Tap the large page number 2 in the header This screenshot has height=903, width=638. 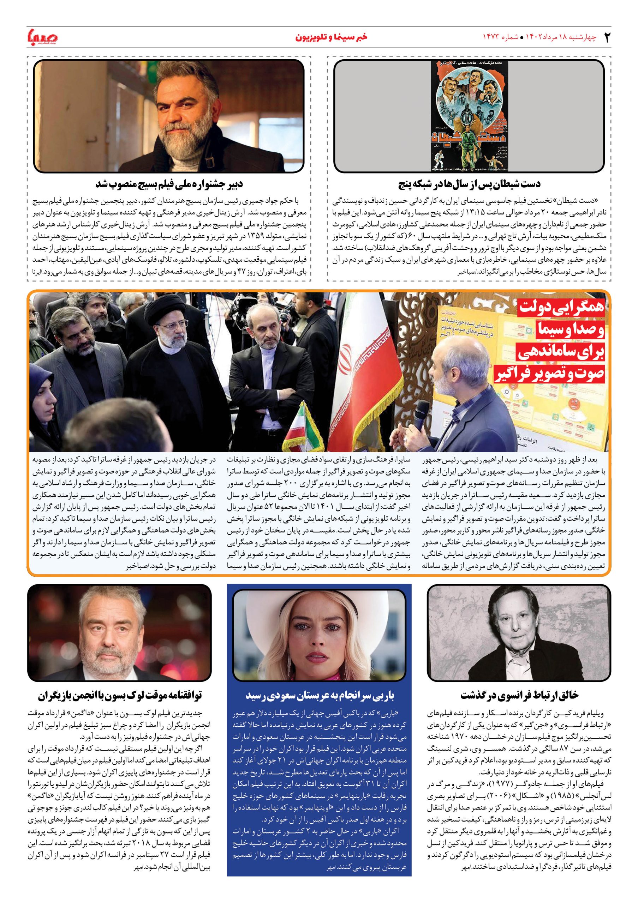606,38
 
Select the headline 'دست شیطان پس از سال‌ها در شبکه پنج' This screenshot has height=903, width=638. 469,184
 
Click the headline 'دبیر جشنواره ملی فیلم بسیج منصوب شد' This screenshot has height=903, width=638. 169,184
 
